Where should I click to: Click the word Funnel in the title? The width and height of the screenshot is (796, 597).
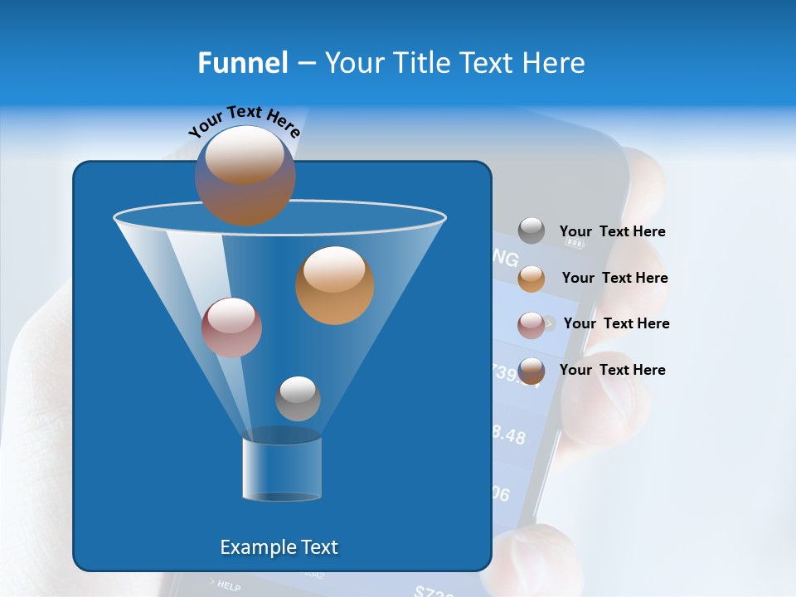(x=242, y=63)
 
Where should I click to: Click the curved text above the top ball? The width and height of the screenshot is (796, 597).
(x=245, y=119)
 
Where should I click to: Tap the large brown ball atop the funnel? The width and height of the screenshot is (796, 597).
(x=245, y=176)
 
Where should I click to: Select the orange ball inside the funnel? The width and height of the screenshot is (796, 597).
(x=334, y=285)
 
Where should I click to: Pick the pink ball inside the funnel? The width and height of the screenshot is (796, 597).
(x=231, y=328)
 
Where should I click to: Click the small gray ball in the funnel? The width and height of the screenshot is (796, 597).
(x=298, y=398)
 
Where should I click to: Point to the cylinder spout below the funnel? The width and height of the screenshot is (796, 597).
(x=281, y=468)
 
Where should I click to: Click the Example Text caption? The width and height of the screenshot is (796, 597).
(x=279, y=547)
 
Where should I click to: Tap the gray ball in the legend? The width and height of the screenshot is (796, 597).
(x=531, y=231)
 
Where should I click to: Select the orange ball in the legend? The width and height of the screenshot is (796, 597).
(x=531, y=279)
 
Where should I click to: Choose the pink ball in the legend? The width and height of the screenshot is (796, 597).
(x=531, y=325)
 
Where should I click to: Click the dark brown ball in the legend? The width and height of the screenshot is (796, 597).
(x=531, y=371)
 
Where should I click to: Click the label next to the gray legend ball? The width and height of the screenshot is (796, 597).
(x=612, y=232)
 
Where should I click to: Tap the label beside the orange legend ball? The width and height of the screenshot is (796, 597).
(x=614, y=279)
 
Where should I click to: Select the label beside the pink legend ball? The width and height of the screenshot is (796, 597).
(x=616, y=324)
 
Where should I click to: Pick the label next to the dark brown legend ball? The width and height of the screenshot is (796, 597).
(x=612, y=371)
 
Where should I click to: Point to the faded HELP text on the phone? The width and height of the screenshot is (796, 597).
(x=227, y=586)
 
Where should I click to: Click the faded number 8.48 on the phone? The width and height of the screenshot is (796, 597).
(x=507, y=434)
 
